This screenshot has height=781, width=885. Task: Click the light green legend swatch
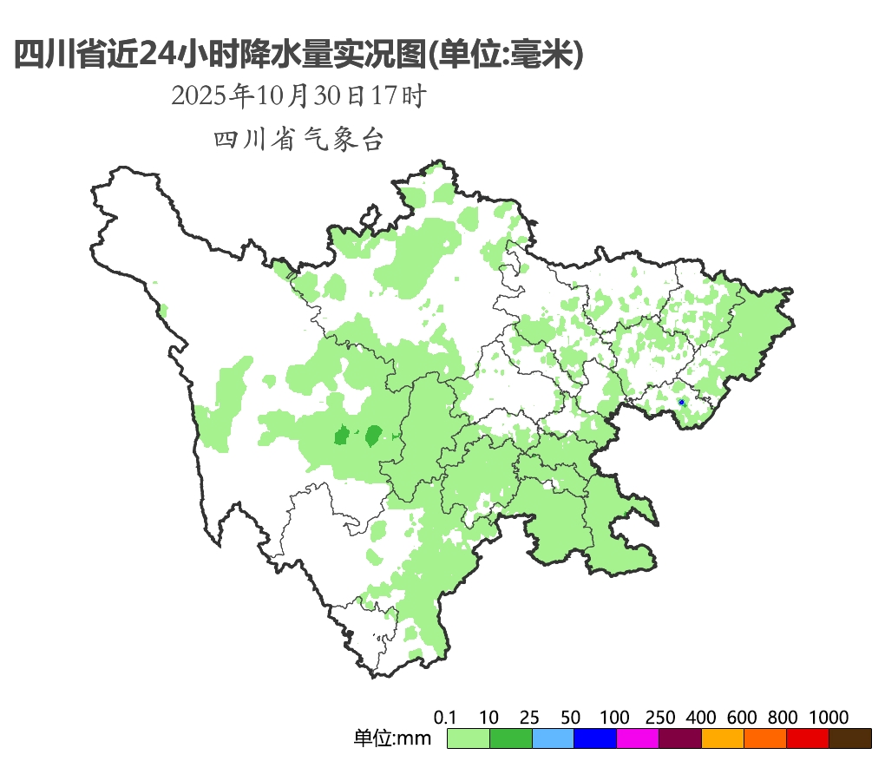coord(469,738)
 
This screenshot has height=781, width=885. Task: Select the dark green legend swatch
coord(511,738)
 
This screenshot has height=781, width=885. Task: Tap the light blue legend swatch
coord(553,738)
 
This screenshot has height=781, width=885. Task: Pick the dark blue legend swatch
coord(595,738)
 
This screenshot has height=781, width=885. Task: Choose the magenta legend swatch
coord(638,738)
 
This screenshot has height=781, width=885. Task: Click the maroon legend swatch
coord(680,738)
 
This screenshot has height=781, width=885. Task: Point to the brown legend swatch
coord(850,738)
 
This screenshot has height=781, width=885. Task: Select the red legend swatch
coord(808,738)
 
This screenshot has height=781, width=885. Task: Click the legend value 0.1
coord(446,718)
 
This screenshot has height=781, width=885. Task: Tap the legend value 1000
coord(829,718)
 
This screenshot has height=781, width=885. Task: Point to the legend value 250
coord(660,718)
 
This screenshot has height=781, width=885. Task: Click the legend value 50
coord(571,718)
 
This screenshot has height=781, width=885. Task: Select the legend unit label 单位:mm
coord(393,739)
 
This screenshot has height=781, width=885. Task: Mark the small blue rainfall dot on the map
coord(682,403)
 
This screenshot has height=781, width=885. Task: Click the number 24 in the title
coord(158,55)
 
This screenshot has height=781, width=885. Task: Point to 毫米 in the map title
coord(544,55)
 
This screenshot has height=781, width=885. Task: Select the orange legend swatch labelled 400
coord(723,738)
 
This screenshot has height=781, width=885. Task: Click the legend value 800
coord(783,718)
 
